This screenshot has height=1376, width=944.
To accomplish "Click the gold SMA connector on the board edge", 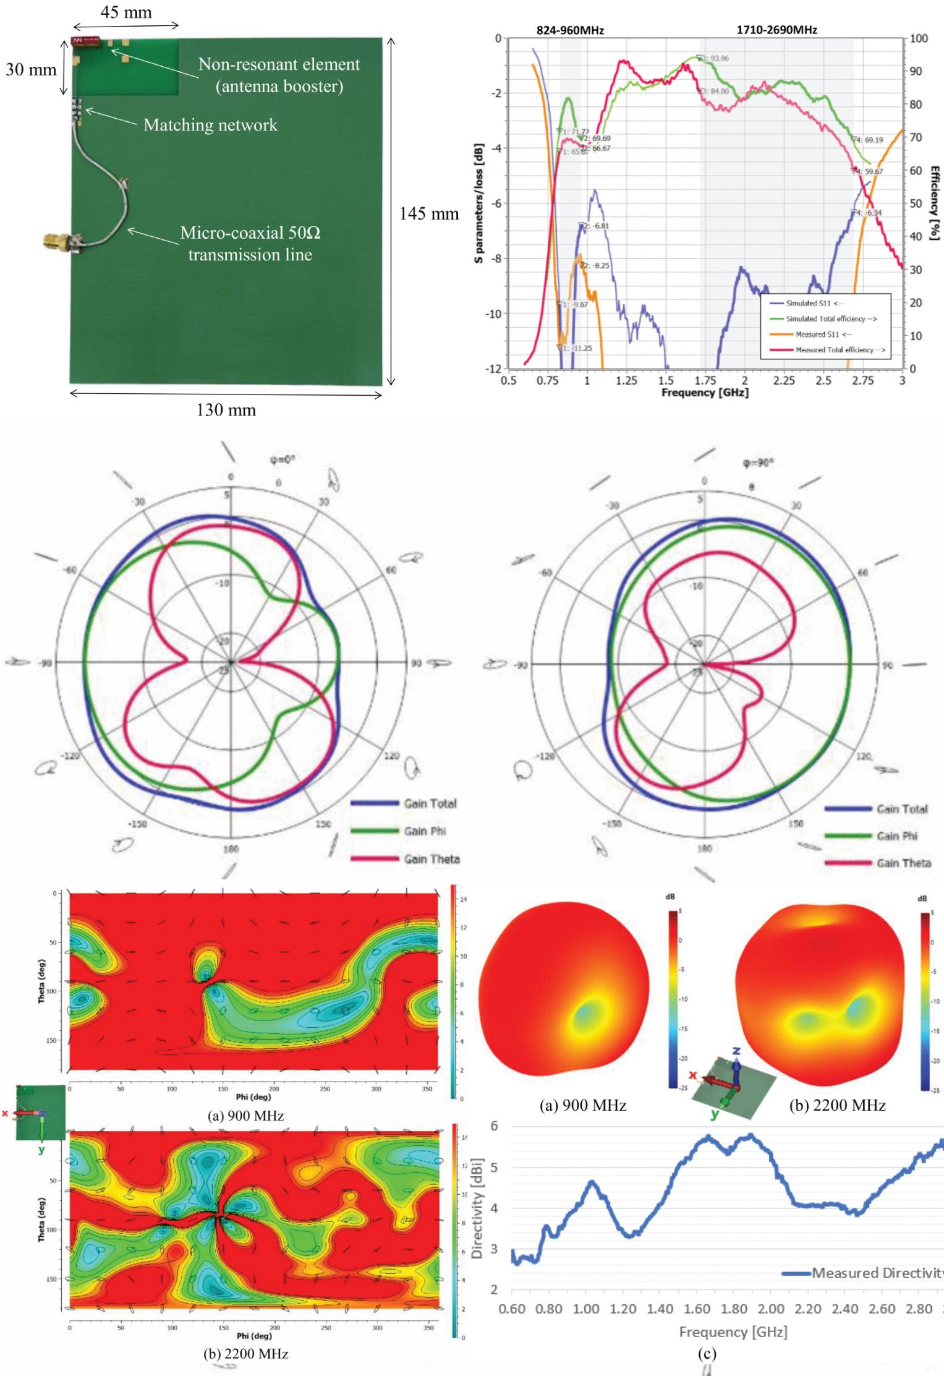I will pos(57,241).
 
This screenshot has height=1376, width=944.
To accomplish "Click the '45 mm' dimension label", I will pos(126,12).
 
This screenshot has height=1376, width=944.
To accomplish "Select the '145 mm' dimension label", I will pos(429,214).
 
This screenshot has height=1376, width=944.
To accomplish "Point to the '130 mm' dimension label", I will pos(226,410).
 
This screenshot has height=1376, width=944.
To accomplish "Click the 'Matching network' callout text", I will pos(210,125).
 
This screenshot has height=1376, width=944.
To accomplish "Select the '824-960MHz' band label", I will pos(569,30).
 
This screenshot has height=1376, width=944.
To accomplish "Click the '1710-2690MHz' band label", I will pos(776,30).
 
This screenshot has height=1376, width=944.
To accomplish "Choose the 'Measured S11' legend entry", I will pos(823,335).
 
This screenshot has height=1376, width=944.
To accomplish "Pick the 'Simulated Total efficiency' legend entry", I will pos(831,319).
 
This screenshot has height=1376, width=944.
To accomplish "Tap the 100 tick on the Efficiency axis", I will pos(919,38).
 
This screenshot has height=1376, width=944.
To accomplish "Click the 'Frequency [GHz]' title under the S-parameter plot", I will pos(705,393).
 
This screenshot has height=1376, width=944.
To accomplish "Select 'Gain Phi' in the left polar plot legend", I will pos(425,831).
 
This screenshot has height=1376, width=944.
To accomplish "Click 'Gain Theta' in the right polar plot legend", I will pos(903,863).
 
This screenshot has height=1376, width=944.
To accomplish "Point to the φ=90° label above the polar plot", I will pos(757,463).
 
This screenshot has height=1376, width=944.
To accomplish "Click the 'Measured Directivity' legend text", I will pos(877,1273).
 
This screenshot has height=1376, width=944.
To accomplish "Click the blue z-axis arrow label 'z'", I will pos(736,1051).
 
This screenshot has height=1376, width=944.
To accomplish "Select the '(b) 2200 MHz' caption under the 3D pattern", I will pos(837,1105).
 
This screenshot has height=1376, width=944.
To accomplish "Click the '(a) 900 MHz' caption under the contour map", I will pos(245,1116).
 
